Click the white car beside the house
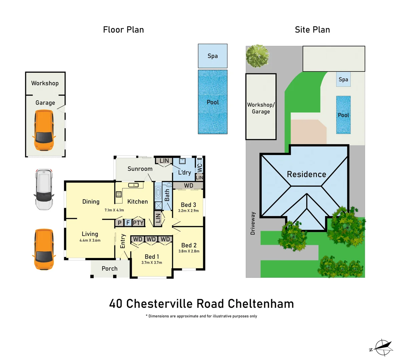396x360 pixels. (x=43, y=189)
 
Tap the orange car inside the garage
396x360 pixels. (x=44, y=130)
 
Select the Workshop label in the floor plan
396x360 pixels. (x=45, y=83)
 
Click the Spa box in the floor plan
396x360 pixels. (x=213, y=56)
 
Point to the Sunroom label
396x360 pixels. (x=140, y=169)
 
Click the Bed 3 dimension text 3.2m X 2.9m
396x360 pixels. (x=188, y=211)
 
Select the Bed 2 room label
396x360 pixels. (x=188, y=245)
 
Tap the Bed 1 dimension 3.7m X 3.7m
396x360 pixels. (x=151, y=263)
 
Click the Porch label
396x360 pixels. (x=109, y=269)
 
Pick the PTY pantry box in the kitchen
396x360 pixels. (x=138, y=223)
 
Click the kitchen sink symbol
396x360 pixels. (x=133, y=185)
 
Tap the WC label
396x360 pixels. (x=200, y=167)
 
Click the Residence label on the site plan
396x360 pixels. (x=306, y=174)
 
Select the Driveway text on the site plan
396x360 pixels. (x=253, y=223)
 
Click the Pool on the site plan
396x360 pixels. (x=343, y=115)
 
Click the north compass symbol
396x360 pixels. (x=382, y=348)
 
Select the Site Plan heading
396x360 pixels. (x=312, y=30)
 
